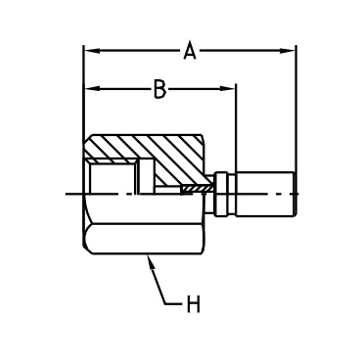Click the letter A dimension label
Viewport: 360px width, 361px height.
point(190,51)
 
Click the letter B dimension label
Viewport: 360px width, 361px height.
point(159,89)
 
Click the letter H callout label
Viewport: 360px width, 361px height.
point(193,304)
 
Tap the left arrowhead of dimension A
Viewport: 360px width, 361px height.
point(91,51)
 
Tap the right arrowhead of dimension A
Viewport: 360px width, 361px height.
point(288,51)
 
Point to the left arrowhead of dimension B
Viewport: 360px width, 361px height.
point(91,89)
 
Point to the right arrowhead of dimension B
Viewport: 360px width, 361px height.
point(228,89)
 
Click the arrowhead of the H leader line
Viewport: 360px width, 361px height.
point(151,261)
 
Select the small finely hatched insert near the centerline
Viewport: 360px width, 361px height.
point(198,189)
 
